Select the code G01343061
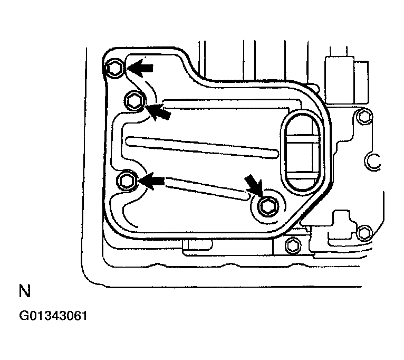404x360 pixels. coord(53,317)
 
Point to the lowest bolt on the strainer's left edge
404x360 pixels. coord(126,181)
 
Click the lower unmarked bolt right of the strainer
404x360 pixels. coord(364,232)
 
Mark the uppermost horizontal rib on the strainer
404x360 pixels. coord(227,103)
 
